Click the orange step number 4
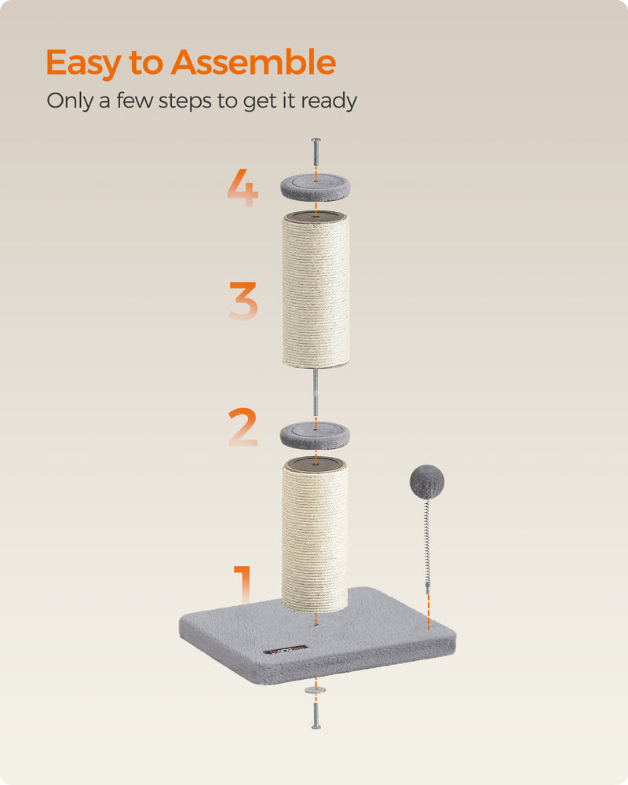click(x=243, y=188)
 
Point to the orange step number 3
click(x=243, y=302)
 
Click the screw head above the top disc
click(x=316, y=142)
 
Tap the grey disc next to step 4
click(x=316, y=186)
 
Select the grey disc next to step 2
click(x=316, y=433)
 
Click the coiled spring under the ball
click(x=428, y=542)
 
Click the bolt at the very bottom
click(x=316, y=714)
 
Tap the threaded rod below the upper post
click(x=315, y=392)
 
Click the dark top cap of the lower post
click(x=315, y=464)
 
